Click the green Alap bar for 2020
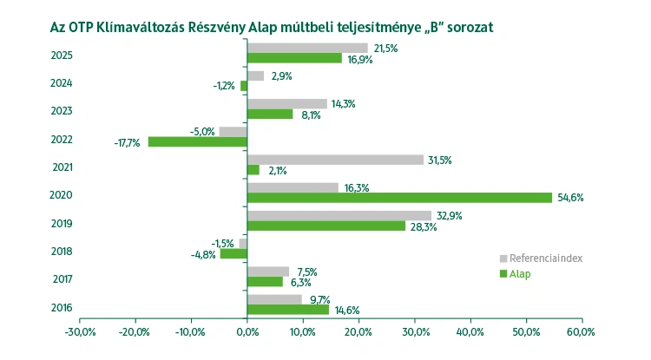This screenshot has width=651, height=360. [399, 198]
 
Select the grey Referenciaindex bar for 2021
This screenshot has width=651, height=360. [335, 160]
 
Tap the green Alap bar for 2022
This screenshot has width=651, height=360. [198, 141]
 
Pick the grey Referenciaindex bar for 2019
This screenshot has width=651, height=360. [339, 215]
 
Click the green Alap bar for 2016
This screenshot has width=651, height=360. [288, 310]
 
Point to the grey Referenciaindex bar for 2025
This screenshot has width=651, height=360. [307, 48]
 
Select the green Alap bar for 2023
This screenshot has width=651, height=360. [270, 114]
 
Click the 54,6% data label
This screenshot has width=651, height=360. [569, 198]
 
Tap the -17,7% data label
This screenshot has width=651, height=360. [128, 142]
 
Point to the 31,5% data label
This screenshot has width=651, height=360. [441, 160]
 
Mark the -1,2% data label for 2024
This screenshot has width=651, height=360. [224, 86]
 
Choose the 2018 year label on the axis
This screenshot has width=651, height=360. [62, 252]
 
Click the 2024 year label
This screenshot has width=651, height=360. [62, 83]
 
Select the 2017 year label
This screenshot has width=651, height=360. [62, 279]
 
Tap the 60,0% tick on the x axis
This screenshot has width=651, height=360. [581, 332]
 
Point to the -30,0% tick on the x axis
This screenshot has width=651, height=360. [79, 332]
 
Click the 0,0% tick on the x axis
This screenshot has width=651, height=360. [247, 332]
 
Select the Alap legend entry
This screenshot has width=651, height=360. [520, 274]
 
